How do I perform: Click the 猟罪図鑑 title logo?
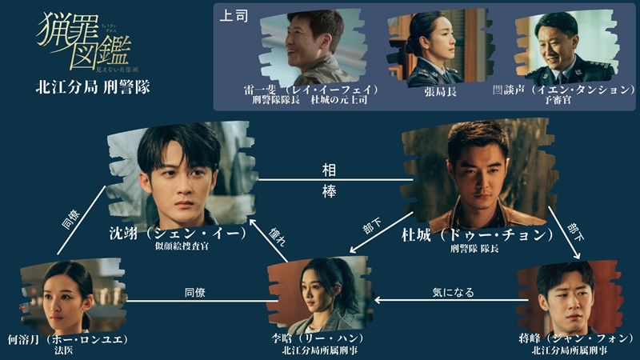83,42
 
